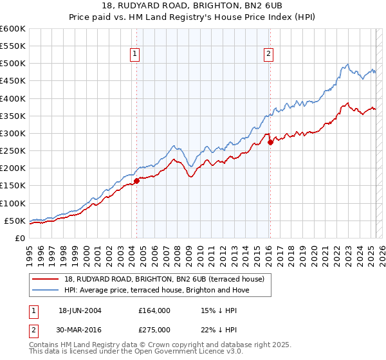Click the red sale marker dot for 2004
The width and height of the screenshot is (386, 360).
click(136, 181)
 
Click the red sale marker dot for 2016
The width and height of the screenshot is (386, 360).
click(270, 142)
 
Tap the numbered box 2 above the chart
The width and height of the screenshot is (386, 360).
click(268, 55)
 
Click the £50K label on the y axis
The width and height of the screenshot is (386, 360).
click(15, 221)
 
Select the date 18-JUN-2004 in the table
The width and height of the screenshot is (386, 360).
click(80, 310)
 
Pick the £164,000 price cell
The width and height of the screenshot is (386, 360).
click(154, 310)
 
